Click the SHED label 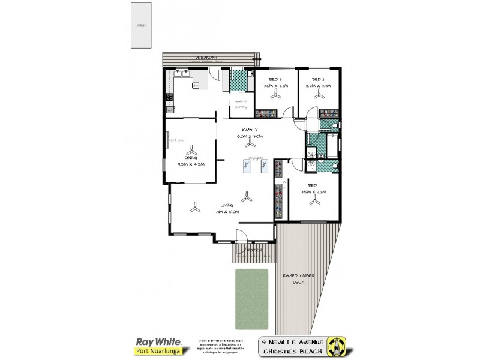pyautogui.click(x=141, y=26)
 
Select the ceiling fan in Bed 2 pyautogui.click(x=319, y=95)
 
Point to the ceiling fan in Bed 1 pyautogui.click(x=313, y=202)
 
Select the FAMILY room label pyautogui.click(x=250, y=130)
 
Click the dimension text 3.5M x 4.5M pyautogui.click(x=191, y=164)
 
